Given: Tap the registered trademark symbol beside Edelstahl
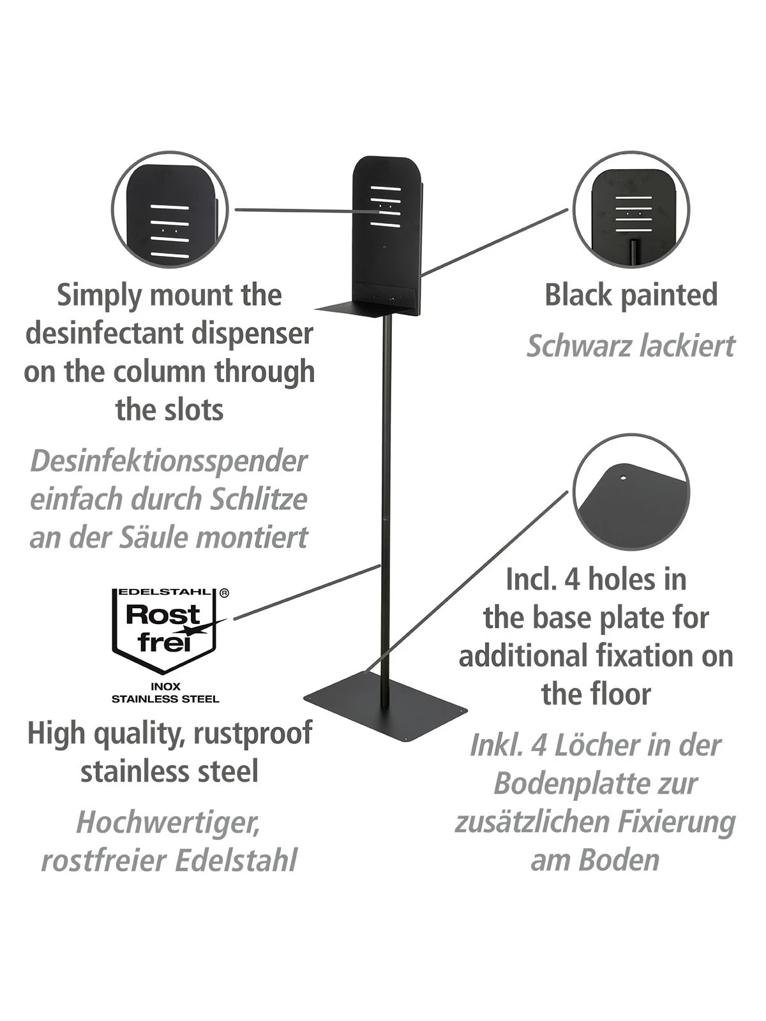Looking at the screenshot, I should point(224,593).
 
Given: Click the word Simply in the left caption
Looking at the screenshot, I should point(99,295).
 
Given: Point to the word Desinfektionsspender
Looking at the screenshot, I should point(169,461).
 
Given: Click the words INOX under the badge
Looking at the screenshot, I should point(166,687).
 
